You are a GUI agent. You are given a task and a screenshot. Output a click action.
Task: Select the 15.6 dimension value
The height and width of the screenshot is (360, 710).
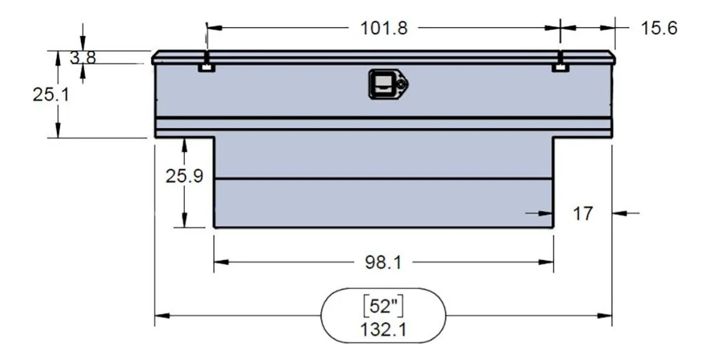(659, 28)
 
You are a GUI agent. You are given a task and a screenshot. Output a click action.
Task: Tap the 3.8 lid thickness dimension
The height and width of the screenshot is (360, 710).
(83, 58)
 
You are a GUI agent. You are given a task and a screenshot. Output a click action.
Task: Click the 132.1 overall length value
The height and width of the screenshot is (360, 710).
(384, 329)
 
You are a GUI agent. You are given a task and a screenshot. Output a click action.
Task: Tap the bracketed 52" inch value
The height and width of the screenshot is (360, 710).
(384, 306)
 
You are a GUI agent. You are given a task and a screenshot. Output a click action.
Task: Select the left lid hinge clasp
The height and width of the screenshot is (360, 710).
(206, 65)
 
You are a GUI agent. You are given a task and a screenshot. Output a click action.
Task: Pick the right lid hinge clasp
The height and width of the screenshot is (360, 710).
(560, 65)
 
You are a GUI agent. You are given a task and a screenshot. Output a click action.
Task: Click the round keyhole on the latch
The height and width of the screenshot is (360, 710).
(401, 84)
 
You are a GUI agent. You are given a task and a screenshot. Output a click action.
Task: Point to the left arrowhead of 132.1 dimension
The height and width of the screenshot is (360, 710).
(160, 316)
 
